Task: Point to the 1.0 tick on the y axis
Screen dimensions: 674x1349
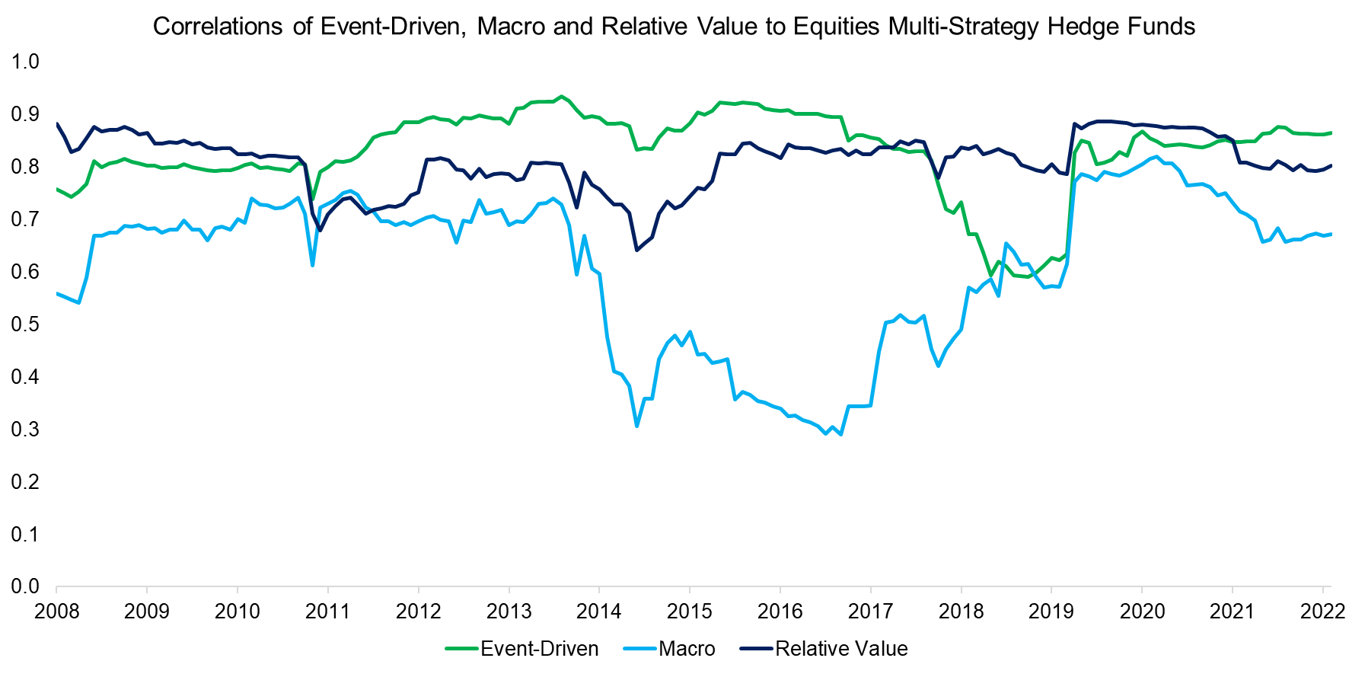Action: pos(25,62)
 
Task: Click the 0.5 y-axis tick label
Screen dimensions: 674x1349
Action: pos(25,324)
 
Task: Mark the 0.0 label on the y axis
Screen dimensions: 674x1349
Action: pos(25,586)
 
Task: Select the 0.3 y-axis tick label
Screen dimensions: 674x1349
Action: pos(25,430)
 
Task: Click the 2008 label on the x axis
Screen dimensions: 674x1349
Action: pos(56,611)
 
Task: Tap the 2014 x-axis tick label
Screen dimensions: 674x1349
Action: pos(599,611)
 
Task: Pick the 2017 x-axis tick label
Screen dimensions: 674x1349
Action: pos(870,611)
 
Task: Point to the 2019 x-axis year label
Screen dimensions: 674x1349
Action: pos(1051,611)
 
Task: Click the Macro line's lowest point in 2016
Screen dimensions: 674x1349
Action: pos(840,434)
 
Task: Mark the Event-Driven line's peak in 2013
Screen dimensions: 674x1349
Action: pos(561,97)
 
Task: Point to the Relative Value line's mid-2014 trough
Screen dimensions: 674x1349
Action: pos(636,250)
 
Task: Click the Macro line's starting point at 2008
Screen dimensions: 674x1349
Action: pos(57,293)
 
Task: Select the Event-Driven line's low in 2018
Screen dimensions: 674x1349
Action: pos(990,275)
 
